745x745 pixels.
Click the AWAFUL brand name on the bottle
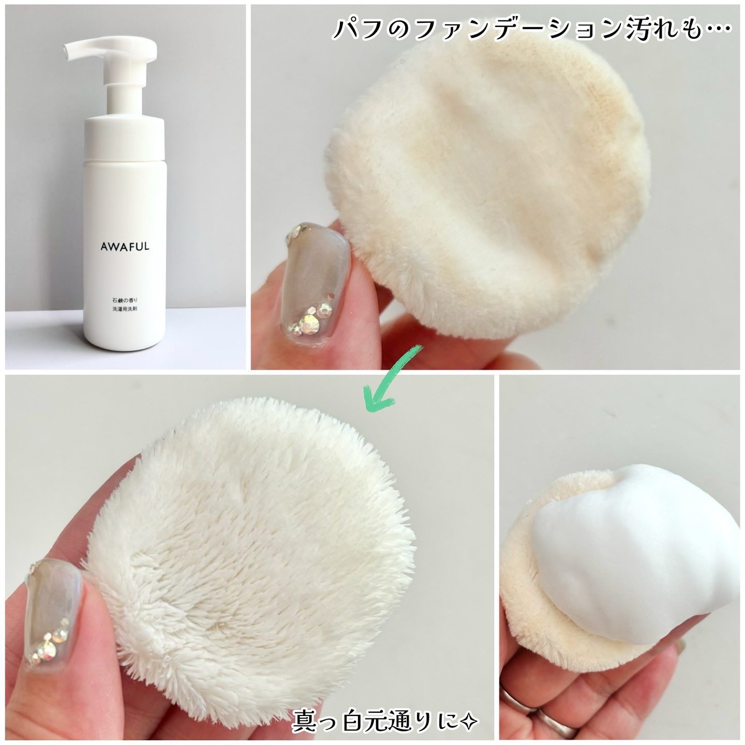[x=125, y=246]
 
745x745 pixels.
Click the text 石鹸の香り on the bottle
[x=125, y=299]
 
